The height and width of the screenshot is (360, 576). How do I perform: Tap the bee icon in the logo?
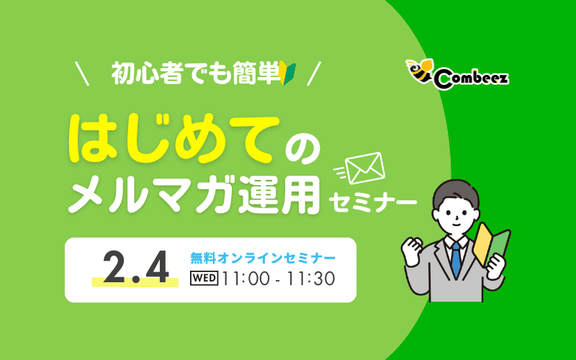click(x=419, y=70)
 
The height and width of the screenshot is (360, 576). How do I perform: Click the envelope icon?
click(x=365, y=168)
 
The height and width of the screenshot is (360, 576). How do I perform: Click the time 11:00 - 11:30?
click(x=278, y=278)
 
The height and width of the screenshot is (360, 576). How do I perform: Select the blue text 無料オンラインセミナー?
click(x=262, y=257)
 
